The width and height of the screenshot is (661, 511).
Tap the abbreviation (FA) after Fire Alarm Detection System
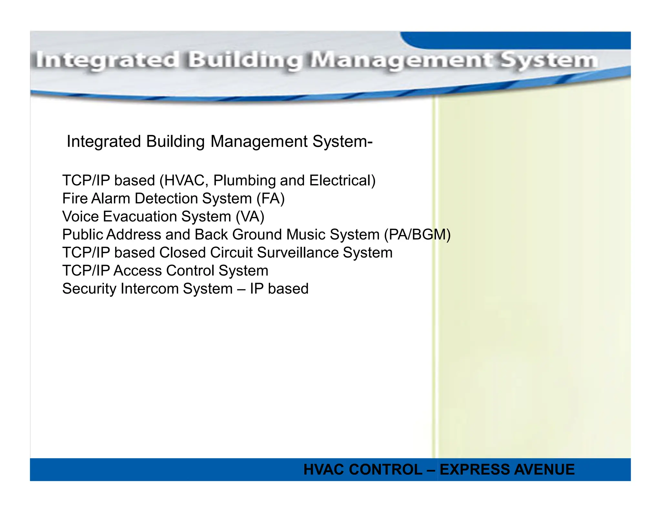pyautogui.click(x=270, y=199)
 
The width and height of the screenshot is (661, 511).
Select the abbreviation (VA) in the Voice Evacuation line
pyautogui.click(x=250, y=217)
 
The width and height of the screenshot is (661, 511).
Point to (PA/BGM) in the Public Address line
pyautogui.click(x=417, y=235)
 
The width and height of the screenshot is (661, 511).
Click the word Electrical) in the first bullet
pyautogui.click(x=342, y=181)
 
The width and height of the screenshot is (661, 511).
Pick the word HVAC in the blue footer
pyautogui.click(x=324, y=470)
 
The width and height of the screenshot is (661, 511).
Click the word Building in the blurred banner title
pyautogui.click(x=245, y=61)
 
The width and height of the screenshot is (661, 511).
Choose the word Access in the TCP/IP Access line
pyautogui.click(x=137, y=271)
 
